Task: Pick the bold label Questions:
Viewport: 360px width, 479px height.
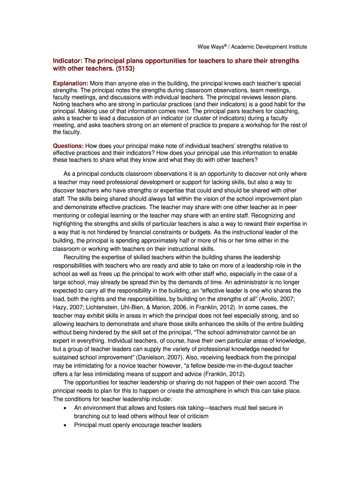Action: (x=68, y=146)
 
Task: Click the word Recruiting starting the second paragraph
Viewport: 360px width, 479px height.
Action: (x=79, y=257)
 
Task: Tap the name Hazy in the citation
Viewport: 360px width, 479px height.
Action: (x=60, y=307)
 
